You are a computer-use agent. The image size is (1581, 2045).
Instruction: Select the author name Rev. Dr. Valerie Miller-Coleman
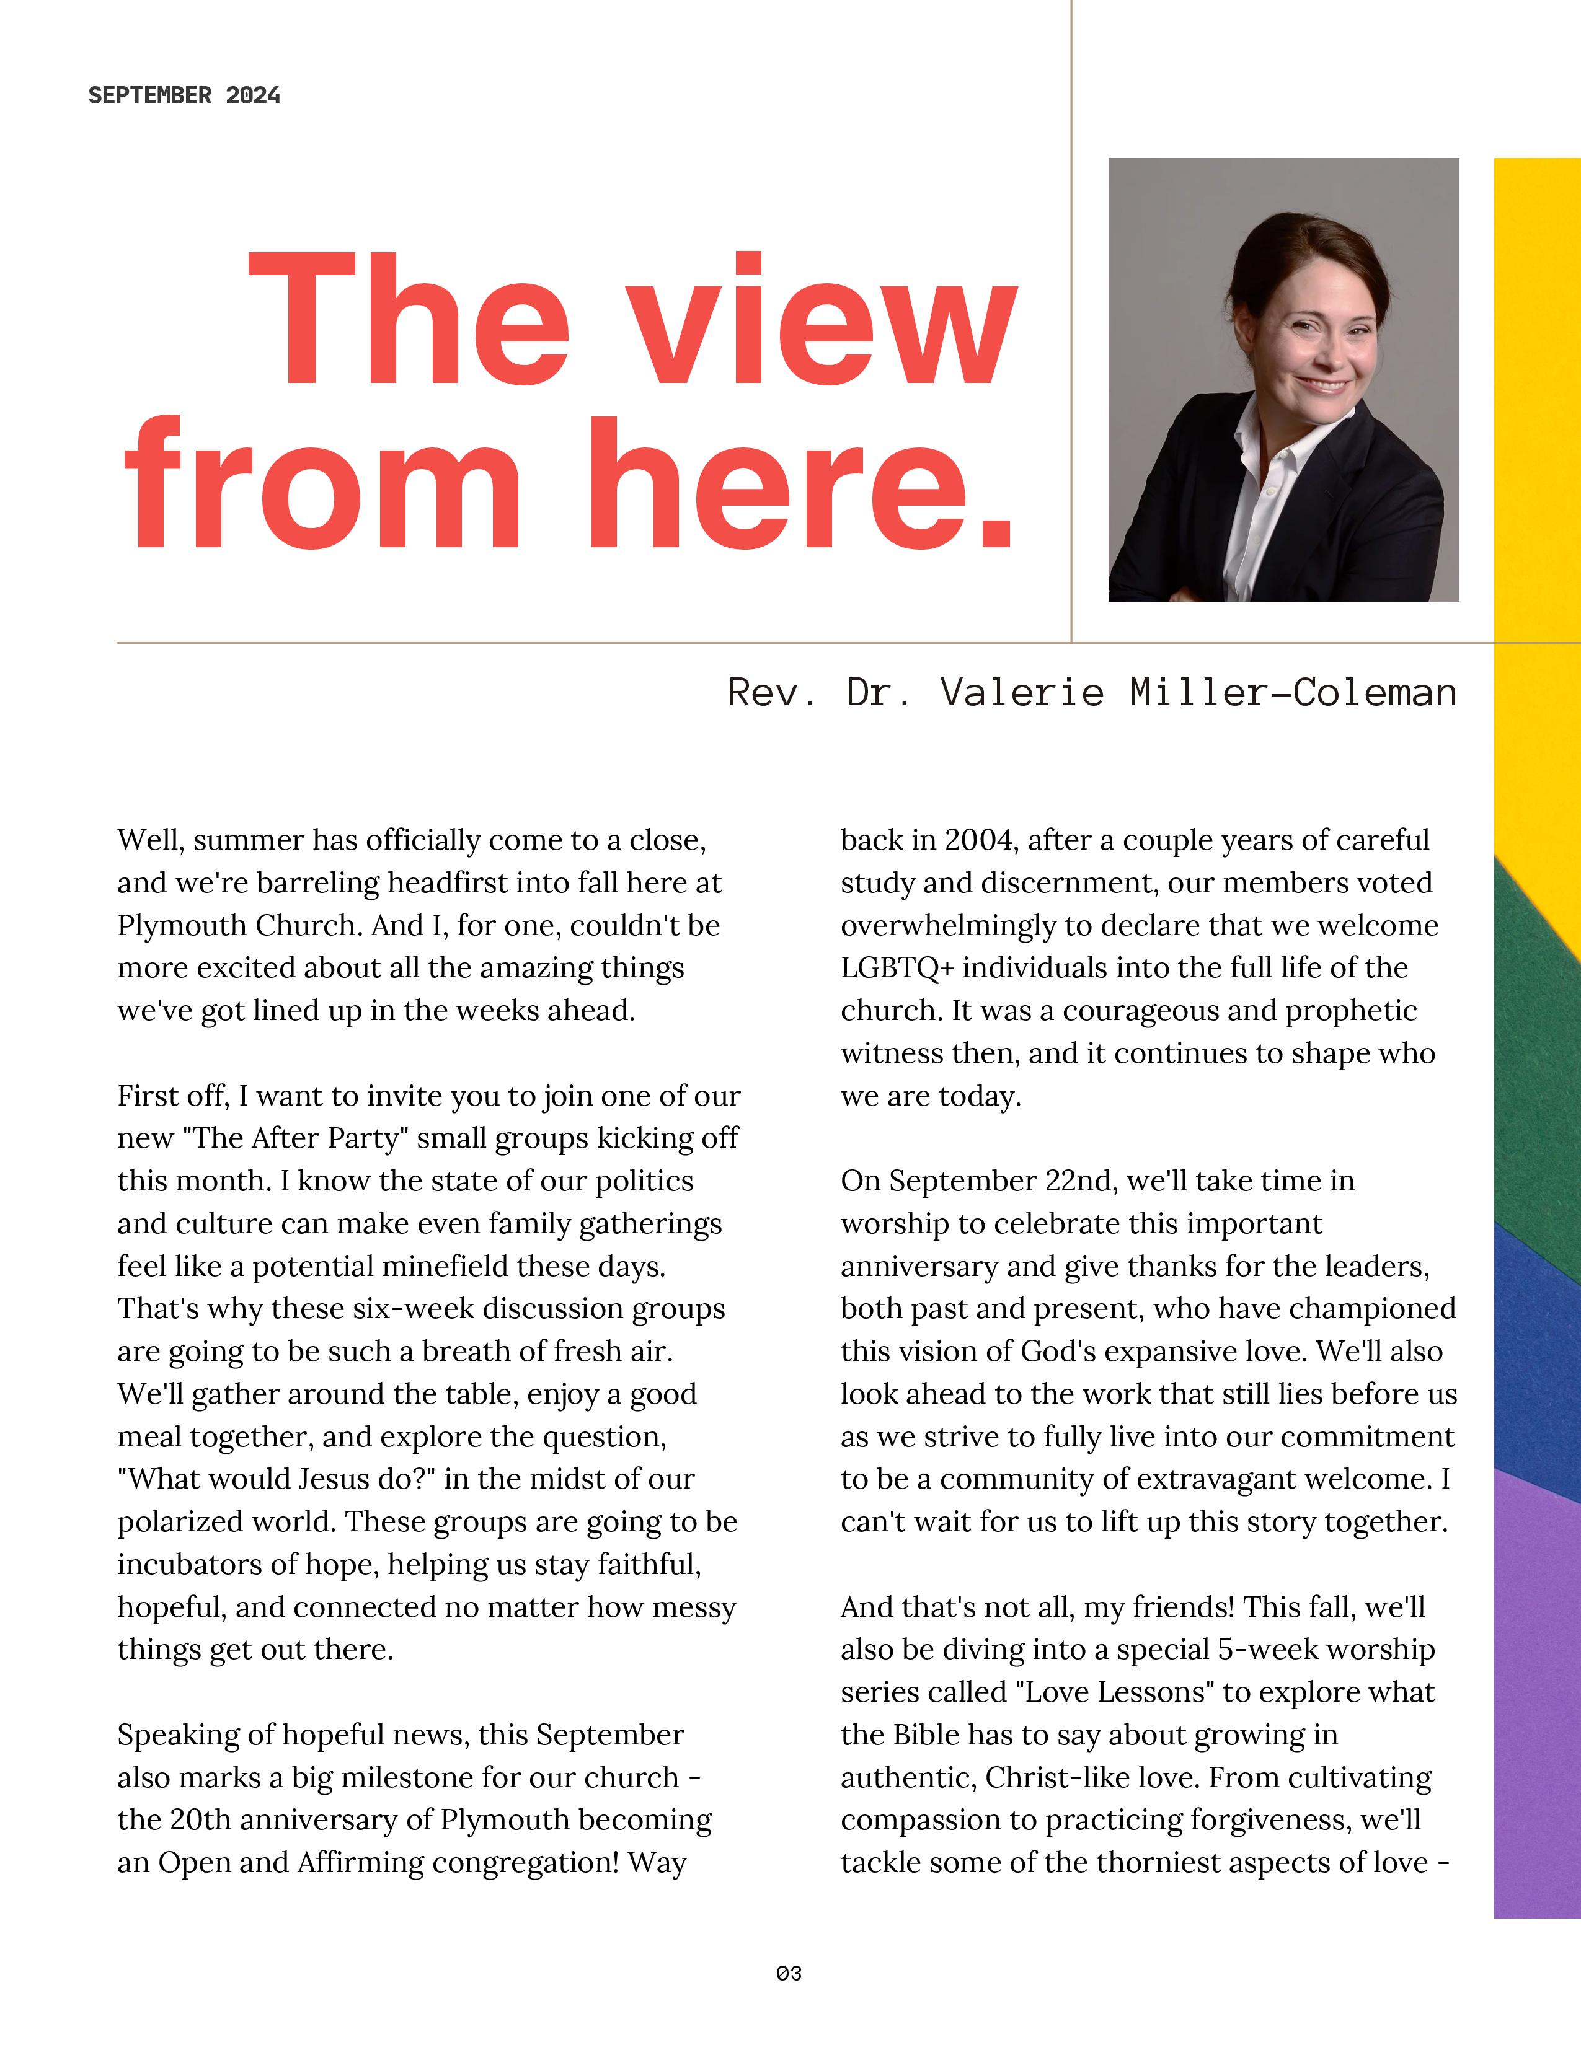pos(1092,693)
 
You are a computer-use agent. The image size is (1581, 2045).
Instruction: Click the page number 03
pos(789,1973)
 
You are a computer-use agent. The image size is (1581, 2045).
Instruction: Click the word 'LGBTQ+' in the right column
pos(897,968)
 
